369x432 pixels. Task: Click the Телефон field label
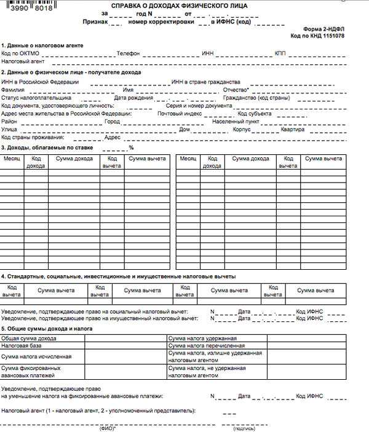tap(129, 54)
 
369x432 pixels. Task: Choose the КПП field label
tap(280, 54)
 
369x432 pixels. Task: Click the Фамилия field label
tap(13, 90)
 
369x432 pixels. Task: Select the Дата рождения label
tap(132, 98)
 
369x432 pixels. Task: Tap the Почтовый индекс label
tap(180, 114)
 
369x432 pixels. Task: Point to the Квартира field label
tap(293, 130)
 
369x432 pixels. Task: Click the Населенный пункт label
tap(237, 122)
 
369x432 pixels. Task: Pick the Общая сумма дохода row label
tap(28, 338)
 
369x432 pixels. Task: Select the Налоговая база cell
tap(22, 346)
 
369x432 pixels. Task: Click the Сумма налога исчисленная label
tap(36, 356)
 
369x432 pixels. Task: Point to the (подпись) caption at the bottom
tap(244, 428)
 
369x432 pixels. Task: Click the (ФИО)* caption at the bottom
tap(108, 428)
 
